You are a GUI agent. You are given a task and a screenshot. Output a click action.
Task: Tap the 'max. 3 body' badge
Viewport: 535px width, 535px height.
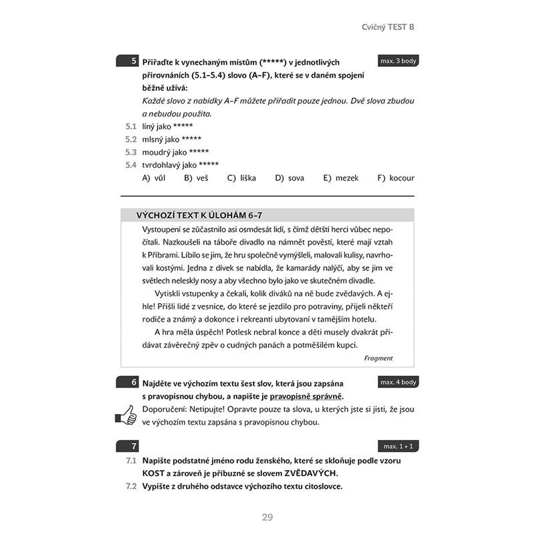(x=398, y=61)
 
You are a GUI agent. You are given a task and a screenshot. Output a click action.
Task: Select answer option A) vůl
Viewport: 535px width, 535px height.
(x=154, y=178)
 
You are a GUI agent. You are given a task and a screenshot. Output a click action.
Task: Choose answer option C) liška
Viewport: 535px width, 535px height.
(x=241, y=178)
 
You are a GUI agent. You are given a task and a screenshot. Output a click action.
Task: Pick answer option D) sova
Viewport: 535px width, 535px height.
(x=290, y=178)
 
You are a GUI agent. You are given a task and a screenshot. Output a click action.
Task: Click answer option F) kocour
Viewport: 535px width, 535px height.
(x=396, y=178)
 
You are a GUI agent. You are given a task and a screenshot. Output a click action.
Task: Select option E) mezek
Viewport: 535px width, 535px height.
(x=341, y=178)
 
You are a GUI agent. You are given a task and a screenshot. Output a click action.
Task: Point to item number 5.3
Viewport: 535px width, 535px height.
(x=130, y=152)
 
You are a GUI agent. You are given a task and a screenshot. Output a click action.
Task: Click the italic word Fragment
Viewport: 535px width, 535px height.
(x=379, y=358)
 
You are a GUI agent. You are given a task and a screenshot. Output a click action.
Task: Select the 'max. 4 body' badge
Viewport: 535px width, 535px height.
(x=398, y=382)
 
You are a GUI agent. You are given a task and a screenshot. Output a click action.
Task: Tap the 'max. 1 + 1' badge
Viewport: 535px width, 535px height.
(x=398, y=445)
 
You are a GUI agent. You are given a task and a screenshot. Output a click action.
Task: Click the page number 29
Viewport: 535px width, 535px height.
(x=267, y=516)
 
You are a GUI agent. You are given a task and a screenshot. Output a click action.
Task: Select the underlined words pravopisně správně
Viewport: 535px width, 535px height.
(x=307, y=396)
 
